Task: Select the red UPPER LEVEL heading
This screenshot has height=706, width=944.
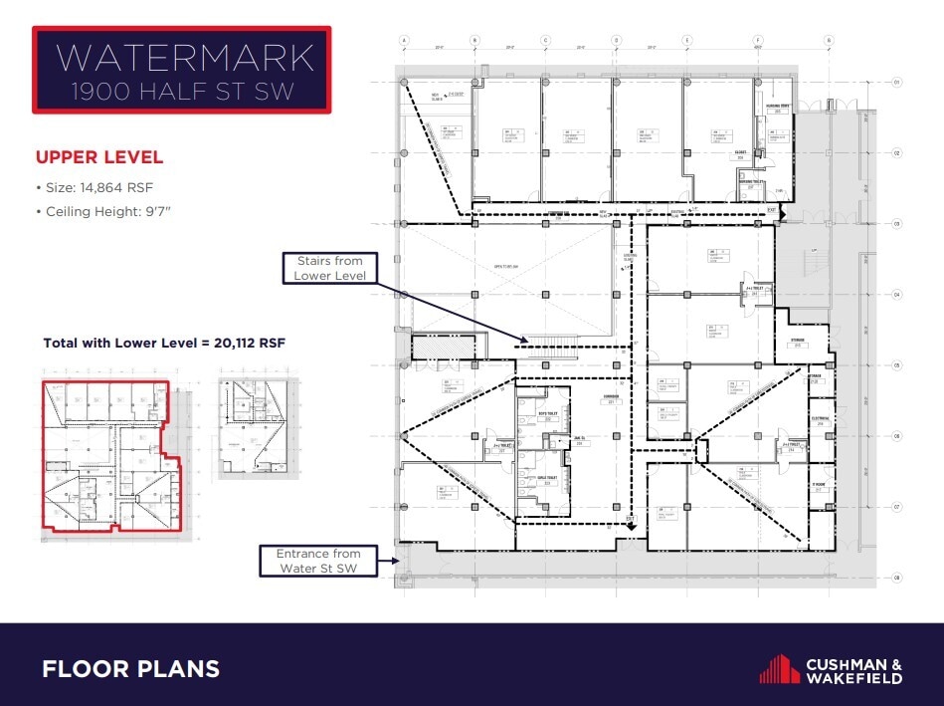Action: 99,157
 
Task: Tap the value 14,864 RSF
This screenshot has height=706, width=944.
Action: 117,186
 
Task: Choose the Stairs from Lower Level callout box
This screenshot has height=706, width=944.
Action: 330,268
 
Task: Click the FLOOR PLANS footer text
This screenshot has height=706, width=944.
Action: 130,669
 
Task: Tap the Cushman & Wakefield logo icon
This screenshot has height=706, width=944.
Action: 780,668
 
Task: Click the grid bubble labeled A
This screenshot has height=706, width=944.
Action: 405,40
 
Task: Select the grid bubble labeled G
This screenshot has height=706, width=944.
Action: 828,40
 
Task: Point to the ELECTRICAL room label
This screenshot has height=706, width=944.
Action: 821,419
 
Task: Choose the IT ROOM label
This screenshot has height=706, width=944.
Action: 819,485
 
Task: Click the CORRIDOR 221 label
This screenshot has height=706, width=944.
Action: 611,399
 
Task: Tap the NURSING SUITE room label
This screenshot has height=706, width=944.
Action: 778,108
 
